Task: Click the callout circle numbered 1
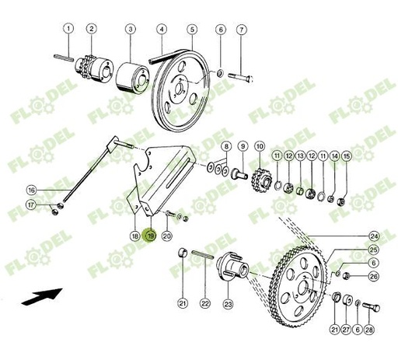pos(69,29)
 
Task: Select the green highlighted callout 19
pos(151,236)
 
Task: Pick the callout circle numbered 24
pos(374,236)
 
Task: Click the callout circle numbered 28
pos(368,330)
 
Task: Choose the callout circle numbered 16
pos(31,190)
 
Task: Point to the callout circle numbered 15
pos(347,157)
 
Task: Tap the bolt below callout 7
pos(241,75)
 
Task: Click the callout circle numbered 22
pos(205,303)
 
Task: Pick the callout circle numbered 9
pos(242,145)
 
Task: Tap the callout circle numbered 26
pos(374,277)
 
